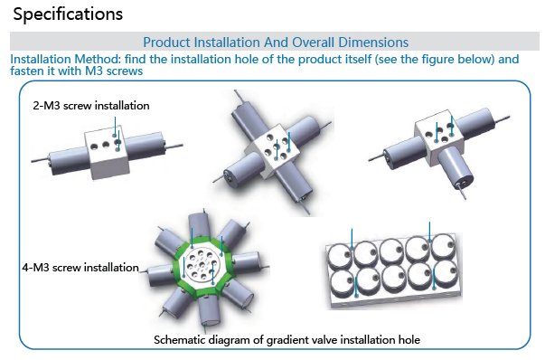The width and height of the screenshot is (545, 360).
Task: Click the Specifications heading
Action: (x=68, y=14)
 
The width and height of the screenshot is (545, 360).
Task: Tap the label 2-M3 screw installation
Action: (x=91, y=106)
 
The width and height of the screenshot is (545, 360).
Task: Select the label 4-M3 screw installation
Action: (x=80, y=268)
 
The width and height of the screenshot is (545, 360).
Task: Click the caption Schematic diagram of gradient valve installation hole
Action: (x=287, y=339)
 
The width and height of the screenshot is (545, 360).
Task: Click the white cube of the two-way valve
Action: (x=107, y=153)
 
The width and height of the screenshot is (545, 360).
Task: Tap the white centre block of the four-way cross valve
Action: (x=274, y=151)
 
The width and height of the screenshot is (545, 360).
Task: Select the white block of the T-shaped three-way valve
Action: (x=439, y=138)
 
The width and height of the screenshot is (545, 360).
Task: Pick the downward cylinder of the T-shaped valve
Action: (x=455, y=168)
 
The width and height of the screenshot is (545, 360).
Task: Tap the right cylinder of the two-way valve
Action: (x=146, y=147)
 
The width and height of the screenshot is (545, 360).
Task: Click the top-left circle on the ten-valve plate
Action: (x=340, y=256)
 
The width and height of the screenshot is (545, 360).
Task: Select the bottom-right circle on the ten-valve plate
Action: (x=446, y=274)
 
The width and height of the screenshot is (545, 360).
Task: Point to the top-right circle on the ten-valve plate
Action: (x=443, y=247)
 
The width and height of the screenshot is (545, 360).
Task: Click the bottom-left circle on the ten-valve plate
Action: (x=342, y=283)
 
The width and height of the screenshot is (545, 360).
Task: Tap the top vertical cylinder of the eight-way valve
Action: (x=200, y=227)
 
